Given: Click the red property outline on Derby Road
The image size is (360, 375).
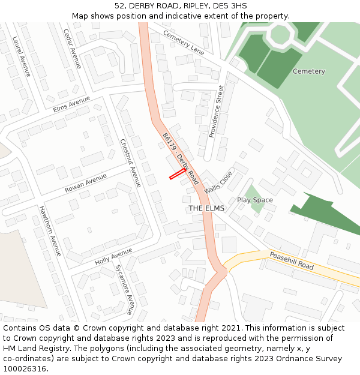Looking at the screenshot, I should [177, 174].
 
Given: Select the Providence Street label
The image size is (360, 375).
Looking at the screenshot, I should [216, 112].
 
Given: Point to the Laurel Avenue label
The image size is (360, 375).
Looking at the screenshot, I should [21, 56].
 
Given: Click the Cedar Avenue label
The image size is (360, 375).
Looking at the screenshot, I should [72, 49].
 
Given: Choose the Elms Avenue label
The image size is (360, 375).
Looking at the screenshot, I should [71, 104].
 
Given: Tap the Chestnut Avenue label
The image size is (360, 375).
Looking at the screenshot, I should [130, 163].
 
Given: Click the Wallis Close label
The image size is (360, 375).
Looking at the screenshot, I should [218, 182].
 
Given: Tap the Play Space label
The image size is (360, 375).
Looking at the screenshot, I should [254, 200].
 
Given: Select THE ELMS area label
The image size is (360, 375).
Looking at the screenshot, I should [206, 208].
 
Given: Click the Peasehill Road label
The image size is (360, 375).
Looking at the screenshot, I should [292, 260].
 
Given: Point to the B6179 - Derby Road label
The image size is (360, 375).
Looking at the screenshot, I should [180, 158].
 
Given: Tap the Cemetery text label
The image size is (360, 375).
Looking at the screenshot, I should [308, 71].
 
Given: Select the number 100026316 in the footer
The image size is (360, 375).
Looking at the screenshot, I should [26, 368].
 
